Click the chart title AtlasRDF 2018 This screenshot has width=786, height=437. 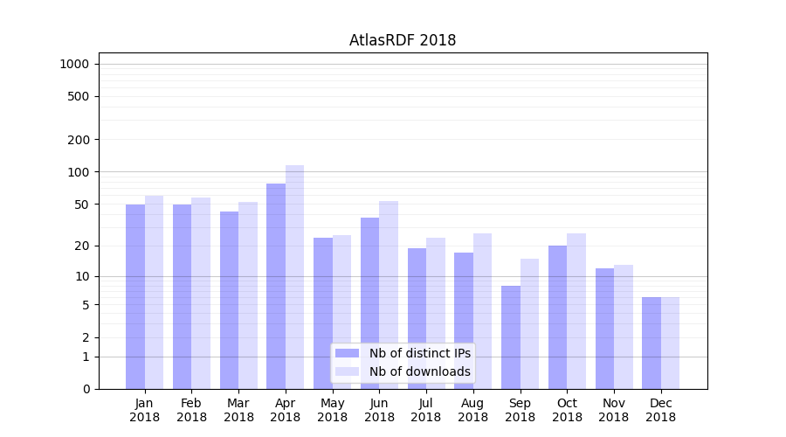403,40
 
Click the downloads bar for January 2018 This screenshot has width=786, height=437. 155,292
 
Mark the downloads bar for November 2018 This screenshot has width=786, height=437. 624,327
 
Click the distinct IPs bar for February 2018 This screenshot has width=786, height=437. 182,296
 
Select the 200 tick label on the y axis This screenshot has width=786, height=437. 79,140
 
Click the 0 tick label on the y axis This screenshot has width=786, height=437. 86,389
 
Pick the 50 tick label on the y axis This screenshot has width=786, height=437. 82,205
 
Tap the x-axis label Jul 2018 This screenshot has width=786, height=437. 426,410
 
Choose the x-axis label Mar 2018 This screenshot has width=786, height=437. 238,410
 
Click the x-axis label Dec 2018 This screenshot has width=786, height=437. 661,410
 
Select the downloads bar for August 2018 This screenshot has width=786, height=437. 483,311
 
